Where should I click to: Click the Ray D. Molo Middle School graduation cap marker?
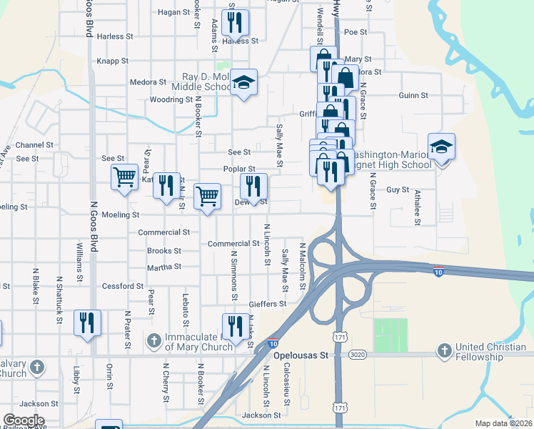click(243, 83)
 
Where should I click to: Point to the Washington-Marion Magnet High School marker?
click(442, 148)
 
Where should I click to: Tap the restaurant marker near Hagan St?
click(234, 24)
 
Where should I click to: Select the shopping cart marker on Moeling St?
click(207, 195)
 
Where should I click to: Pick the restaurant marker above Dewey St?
click(253, 187)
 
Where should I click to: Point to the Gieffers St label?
click(267, 304)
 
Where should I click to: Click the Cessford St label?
click(123, 286)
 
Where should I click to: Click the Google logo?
click(24, 420)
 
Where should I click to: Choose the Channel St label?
click(34, 144)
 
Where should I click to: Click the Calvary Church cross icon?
click(37, 368)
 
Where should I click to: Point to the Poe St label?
click(350, 32)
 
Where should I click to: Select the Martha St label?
click(164, 267)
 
